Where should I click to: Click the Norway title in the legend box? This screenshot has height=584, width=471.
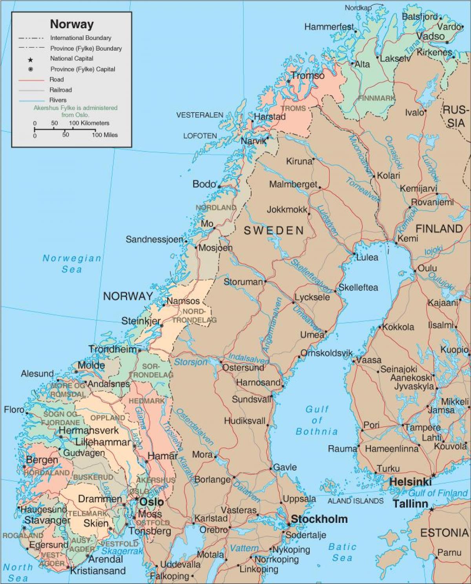click(72, 24)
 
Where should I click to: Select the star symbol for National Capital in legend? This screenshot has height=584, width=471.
click(30, 60)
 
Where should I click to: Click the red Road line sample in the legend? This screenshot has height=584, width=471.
click(31, 80)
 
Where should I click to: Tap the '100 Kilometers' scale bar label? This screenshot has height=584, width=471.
click(89, 123)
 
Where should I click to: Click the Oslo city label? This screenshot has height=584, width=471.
click(152, 502)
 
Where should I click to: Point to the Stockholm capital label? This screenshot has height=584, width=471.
click(319, 519)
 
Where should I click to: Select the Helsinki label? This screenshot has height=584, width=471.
click(410, 482)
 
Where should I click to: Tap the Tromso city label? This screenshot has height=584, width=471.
click(308, 76)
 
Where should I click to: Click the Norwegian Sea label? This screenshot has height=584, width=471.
click(72, 264)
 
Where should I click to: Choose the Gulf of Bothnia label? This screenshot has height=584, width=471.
click(317, 420)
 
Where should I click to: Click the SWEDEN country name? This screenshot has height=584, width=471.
click(274, 231)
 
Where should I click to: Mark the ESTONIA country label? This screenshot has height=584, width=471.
click(444, 533)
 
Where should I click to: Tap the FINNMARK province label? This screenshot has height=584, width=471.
click(376, 98)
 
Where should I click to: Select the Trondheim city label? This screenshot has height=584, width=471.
click(113, 349)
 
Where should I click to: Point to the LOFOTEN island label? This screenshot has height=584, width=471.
click(200, 136)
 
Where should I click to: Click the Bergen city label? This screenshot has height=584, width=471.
click(42, 460)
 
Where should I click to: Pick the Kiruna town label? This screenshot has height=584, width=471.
click(299, 161)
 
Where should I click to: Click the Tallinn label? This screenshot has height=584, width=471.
click(410, 504)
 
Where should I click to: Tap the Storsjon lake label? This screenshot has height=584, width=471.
click(191, 362)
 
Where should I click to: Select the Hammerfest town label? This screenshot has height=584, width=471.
click(329, 27)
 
